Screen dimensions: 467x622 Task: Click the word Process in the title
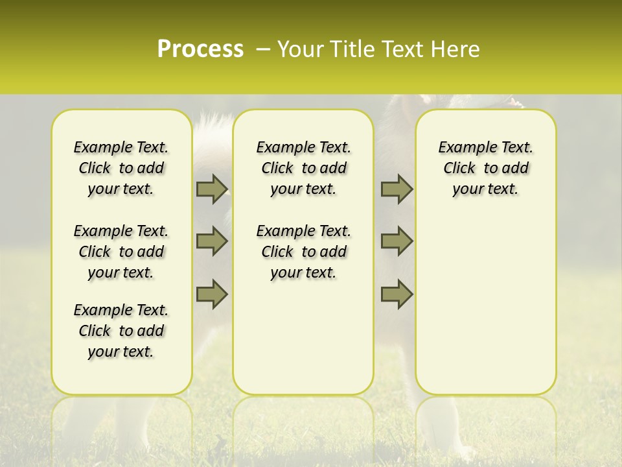tap(200, 49)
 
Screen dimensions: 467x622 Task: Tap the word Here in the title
tap(455, 49)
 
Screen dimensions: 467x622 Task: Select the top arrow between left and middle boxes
tap(212, 189)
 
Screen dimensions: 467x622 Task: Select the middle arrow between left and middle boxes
tap(212, 241)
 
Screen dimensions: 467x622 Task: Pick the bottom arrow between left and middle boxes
tap(212, 294)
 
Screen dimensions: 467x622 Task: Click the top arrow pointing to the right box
tap(397, 189)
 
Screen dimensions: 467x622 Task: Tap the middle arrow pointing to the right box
tap(397, 241)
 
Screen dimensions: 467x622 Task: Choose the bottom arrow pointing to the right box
tap(397, 294)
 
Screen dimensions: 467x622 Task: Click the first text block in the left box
tap(121, 168)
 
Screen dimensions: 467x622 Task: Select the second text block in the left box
tap(121, 252)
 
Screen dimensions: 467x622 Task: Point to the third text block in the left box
tap(121, 331)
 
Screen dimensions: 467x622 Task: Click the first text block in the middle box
tap(303, 168)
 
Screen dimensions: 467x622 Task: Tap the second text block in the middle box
tap(303, 252)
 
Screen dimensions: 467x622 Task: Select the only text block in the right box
tap(485, 168)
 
